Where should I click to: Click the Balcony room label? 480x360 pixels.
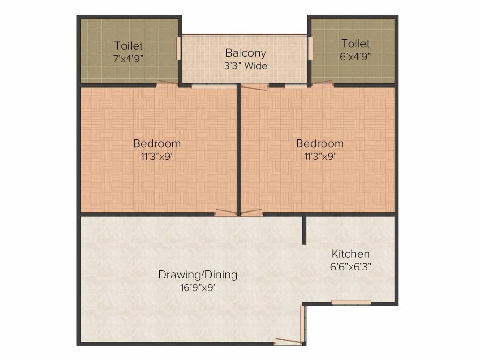246,53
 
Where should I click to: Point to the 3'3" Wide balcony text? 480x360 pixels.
246,66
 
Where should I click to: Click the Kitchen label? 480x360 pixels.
351,254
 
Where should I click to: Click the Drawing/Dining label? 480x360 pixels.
197,275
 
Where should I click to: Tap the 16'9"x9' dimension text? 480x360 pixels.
197,287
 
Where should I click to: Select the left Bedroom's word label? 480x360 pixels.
157,143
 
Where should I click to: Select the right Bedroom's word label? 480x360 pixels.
320,143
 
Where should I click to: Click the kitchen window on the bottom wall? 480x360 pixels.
351,302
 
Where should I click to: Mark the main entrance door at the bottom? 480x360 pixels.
288,341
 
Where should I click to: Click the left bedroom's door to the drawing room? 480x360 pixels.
225,212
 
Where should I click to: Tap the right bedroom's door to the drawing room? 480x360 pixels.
252,212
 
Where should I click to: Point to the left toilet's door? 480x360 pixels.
167,83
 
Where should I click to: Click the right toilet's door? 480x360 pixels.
322,83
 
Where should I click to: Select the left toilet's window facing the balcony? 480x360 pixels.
179,48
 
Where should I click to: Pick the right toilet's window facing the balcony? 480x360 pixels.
310,48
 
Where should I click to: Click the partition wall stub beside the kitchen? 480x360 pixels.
304,230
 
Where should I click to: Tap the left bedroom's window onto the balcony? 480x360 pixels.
214,86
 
